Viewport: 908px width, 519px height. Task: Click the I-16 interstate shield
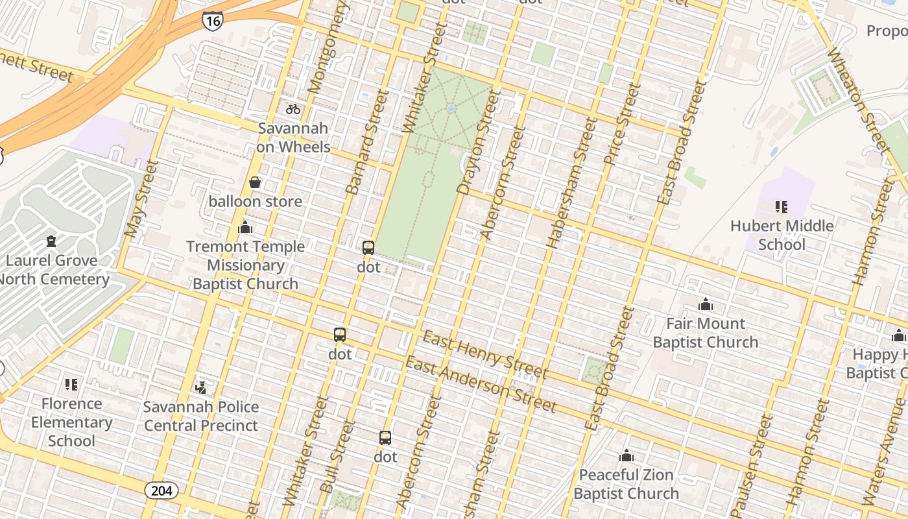(212, 20)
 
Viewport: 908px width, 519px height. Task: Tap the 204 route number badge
(161, 490)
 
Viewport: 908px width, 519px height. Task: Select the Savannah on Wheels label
(293, 138)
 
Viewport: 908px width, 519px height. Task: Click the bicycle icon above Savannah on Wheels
(293, 109)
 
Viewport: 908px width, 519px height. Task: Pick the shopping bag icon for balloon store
(255, 182)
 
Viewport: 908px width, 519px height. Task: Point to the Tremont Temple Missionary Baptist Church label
(245, 265)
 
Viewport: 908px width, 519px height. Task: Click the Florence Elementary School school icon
(71, 385)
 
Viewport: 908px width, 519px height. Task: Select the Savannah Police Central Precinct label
(201, 416)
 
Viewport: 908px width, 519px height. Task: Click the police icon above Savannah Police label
(201, 388)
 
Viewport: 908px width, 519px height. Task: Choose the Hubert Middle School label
(782, 235)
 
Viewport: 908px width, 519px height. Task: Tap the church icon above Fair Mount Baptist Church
(706, 304)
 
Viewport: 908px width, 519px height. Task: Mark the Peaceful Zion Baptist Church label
(626, 484)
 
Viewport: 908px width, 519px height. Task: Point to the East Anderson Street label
(481, 385)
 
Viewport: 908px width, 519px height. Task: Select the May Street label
(141, 199)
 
